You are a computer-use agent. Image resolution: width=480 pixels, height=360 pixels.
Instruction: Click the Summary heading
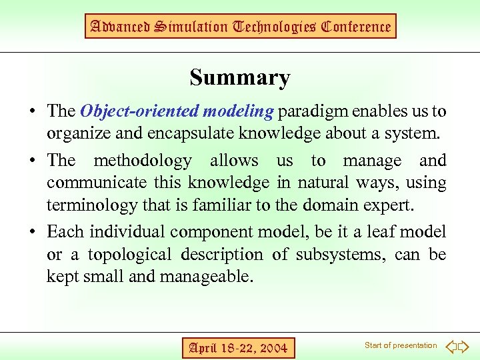click(239, 78)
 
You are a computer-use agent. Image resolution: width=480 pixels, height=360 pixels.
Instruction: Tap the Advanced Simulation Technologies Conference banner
click(241, 27)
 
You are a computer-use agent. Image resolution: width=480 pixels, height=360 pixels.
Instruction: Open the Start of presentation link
click(401, 345)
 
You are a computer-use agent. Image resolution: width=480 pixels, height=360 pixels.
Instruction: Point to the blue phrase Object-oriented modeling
click(177, 111)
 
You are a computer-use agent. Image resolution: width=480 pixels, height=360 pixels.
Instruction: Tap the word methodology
click(142, 161)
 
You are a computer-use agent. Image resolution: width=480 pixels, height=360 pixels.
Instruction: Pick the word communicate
click(95, 183)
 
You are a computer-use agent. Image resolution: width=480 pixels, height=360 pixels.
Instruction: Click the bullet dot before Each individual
click(33, 233)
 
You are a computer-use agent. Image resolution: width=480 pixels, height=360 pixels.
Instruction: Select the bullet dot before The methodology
click(33, 161)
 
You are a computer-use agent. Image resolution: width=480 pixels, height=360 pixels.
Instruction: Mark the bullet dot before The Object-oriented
click(33, 111)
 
